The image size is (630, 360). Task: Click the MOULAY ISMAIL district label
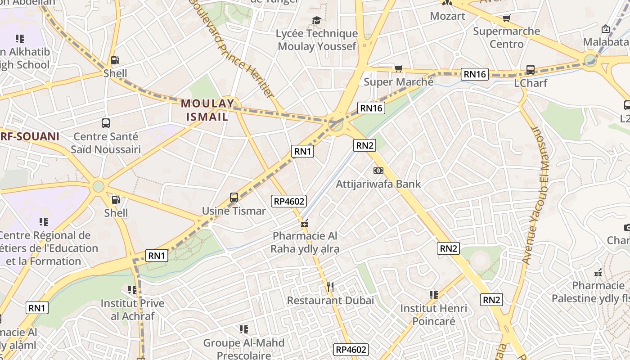tap(207, 110)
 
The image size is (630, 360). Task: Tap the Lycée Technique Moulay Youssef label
tap(317, 40)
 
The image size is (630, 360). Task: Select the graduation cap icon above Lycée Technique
tap(317, 20)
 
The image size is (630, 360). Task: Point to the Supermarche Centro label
tap(507, 37)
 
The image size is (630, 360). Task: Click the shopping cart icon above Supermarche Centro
tap(507, 18)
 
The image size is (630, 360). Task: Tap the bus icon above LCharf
tap(531, 70)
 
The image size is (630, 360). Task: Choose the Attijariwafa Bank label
tap(378, 184)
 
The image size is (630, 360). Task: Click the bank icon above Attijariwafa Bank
tap(378, 171)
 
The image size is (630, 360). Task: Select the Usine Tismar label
tap(234, 211)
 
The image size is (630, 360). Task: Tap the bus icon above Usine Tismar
tap(234, 197)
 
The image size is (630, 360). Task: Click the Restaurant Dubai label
tap(331, 300)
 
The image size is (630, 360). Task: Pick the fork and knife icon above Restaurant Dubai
tap(331, 287)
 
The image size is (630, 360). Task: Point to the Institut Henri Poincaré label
tap(434, 315)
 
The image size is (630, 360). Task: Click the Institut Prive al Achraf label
tap(132, 309)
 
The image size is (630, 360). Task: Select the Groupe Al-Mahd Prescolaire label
tap(244, 349)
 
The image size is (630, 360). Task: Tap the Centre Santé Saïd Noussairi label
tap(106, 143)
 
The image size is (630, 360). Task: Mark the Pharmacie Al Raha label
tap(305, 242)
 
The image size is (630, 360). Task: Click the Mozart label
tap(447, 16)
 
